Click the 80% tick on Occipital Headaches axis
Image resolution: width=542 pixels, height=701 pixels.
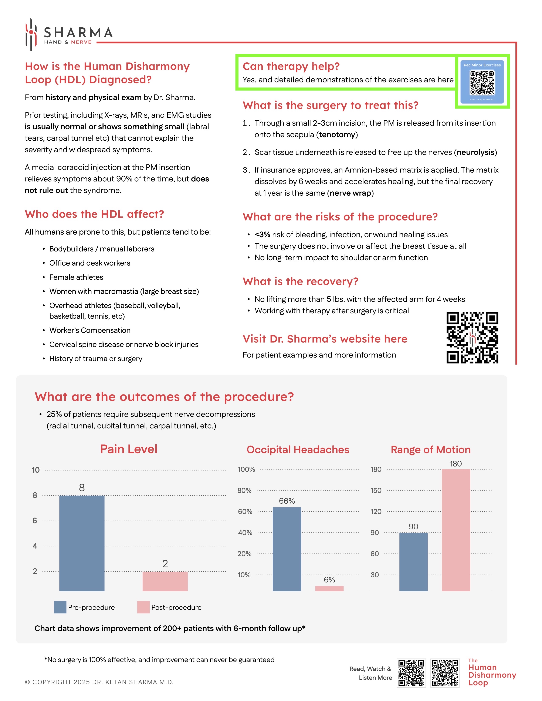[x=244, y=490]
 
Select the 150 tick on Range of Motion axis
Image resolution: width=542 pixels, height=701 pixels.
[x=376, y=490]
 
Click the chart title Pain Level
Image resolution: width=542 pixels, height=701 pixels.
[x=129, y=449]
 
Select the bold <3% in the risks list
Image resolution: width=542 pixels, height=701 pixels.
[x=262, y=235]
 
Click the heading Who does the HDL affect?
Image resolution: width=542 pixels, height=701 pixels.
[x=94, y=214]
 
